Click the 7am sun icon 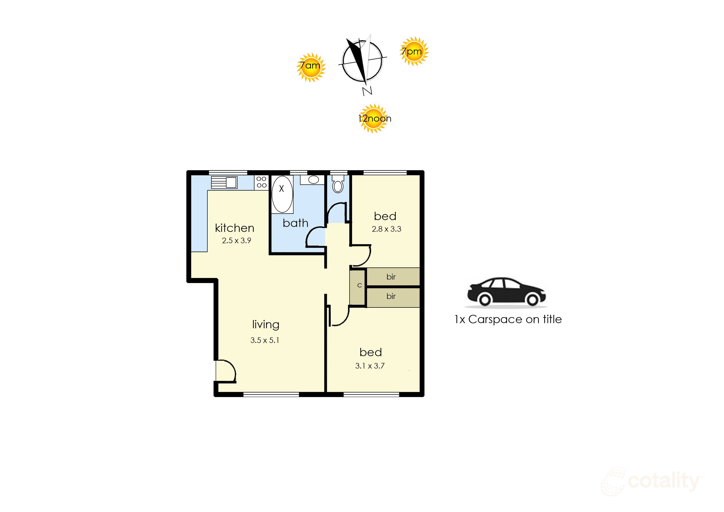click(x=311, y=68)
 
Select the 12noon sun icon click(x=374, y=119)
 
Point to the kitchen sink click(x=224, y=182)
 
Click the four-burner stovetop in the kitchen click(x=261, y=182)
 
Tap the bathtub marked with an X click(x=282, y=194)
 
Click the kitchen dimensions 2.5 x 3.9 click(x=237, y=241)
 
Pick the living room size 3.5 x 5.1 click(x=265, y=340)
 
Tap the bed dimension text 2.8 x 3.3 click(x=386, y=229)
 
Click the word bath click(x=295, y=223)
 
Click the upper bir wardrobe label click(x=391, y=277)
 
